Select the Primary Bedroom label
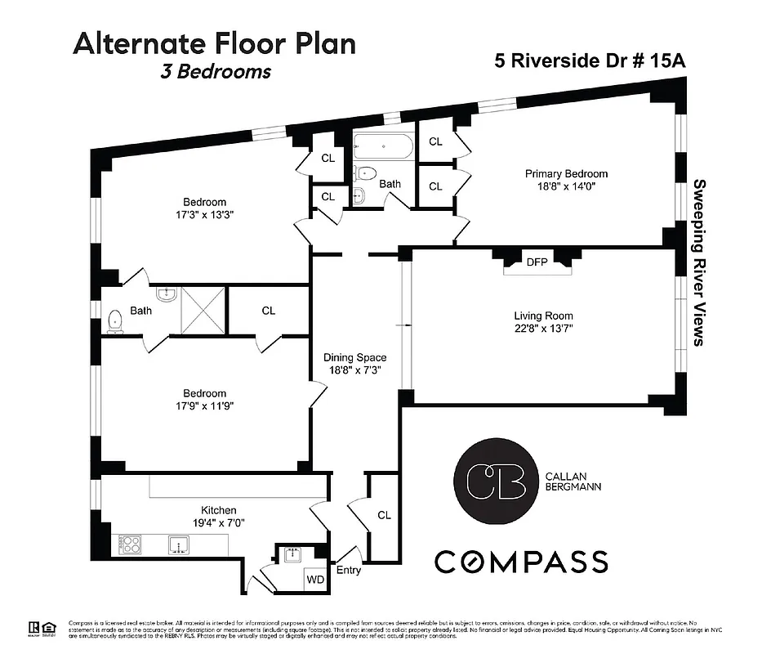tap(566, 174)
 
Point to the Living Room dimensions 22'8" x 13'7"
tap(543, 330)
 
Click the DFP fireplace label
tap(537, 262)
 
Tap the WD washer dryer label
tap(314, 579)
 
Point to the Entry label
tap(348, 570)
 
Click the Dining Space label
tap(354, 358)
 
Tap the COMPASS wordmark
tap(521, 562)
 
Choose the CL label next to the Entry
tap(384, 515)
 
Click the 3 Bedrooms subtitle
tap(216, 71)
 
